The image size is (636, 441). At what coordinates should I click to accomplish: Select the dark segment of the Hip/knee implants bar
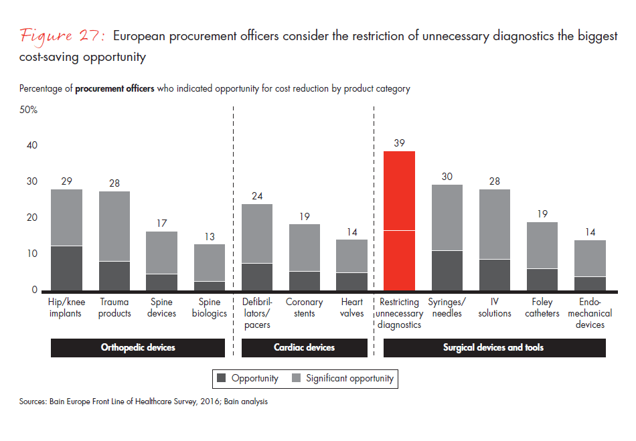click(66, 268)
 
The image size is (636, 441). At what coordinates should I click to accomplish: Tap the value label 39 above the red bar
click(399, 143)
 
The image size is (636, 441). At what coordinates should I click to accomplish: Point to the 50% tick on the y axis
click(29, 109)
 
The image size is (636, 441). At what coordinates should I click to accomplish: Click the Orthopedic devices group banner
click(138, 347)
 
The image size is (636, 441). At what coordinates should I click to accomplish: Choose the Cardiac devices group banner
click(304, 347)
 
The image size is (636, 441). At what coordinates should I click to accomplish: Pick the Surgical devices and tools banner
click(493, 347)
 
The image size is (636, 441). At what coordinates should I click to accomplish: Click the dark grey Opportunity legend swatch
click(221, 379)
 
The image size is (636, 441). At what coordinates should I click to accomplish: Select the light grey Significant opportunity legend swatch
click(296, 379)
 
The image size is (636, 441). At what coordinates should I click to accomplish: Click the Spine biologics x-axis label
click(210, 308)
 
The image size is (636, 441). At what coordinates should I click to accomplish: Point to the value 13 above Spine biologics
click(210, 236)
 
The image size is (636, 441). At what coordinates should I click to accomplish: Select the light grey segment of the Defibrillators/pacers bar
click(256, 234)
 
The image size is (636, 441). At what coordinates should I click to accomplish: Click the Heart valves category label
click(351, 308)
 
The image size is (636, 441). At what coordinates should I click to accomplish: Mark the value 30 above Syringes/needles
click(446, 177)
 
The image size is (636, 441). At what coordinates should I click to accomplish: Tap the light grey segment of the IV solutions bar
click(495, 224)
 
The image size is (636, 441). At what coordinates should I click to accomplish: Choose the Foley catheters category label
click(542, 308)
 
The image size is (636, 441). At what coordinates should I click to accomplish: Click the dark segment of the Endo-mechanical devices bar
click(590, 284)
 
